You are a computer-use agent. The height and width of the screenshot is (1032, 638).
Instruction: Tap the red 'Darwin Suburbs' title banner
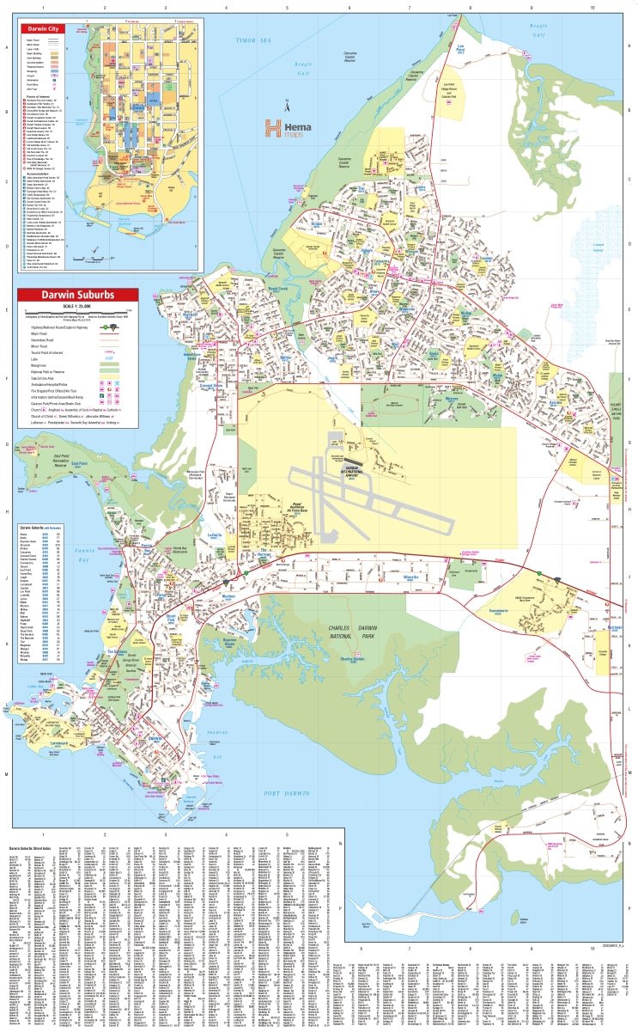[x=77, y=296]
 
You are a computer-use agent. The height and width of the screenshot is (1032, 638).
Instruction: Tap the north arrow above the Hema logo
[x=289, y=107]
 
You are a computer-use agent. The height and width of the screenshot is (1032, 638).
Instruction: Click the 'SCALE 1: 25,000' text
[x=76, y=307]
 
